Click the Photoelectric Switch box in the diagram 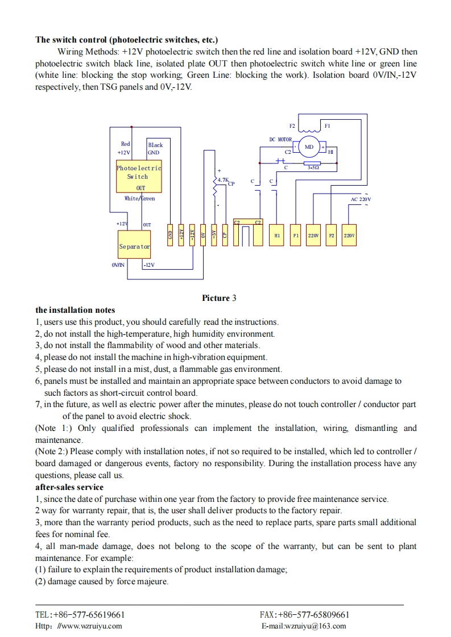coord(139,177)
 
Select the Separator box coord(135,246)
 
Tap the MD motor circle coord(309,147)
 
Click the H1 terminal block coord(278,234)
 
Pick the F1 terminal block coord(296,234)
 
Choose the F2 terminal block coord(332,234)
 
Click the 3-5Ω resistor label coord(313,167)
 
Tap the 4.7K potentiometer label coord(222,179)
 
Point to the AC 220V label coord(361,199)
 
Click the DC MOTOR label coord(280,139)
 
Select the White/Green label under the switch coord(139,198)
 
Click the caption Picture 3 coord(219,298)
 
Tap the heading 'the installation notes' coord(75,310)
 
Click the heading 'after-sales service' coord(69,487)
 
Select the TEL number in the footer coord(80,615)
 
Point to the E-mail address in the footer coord(304,626)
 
